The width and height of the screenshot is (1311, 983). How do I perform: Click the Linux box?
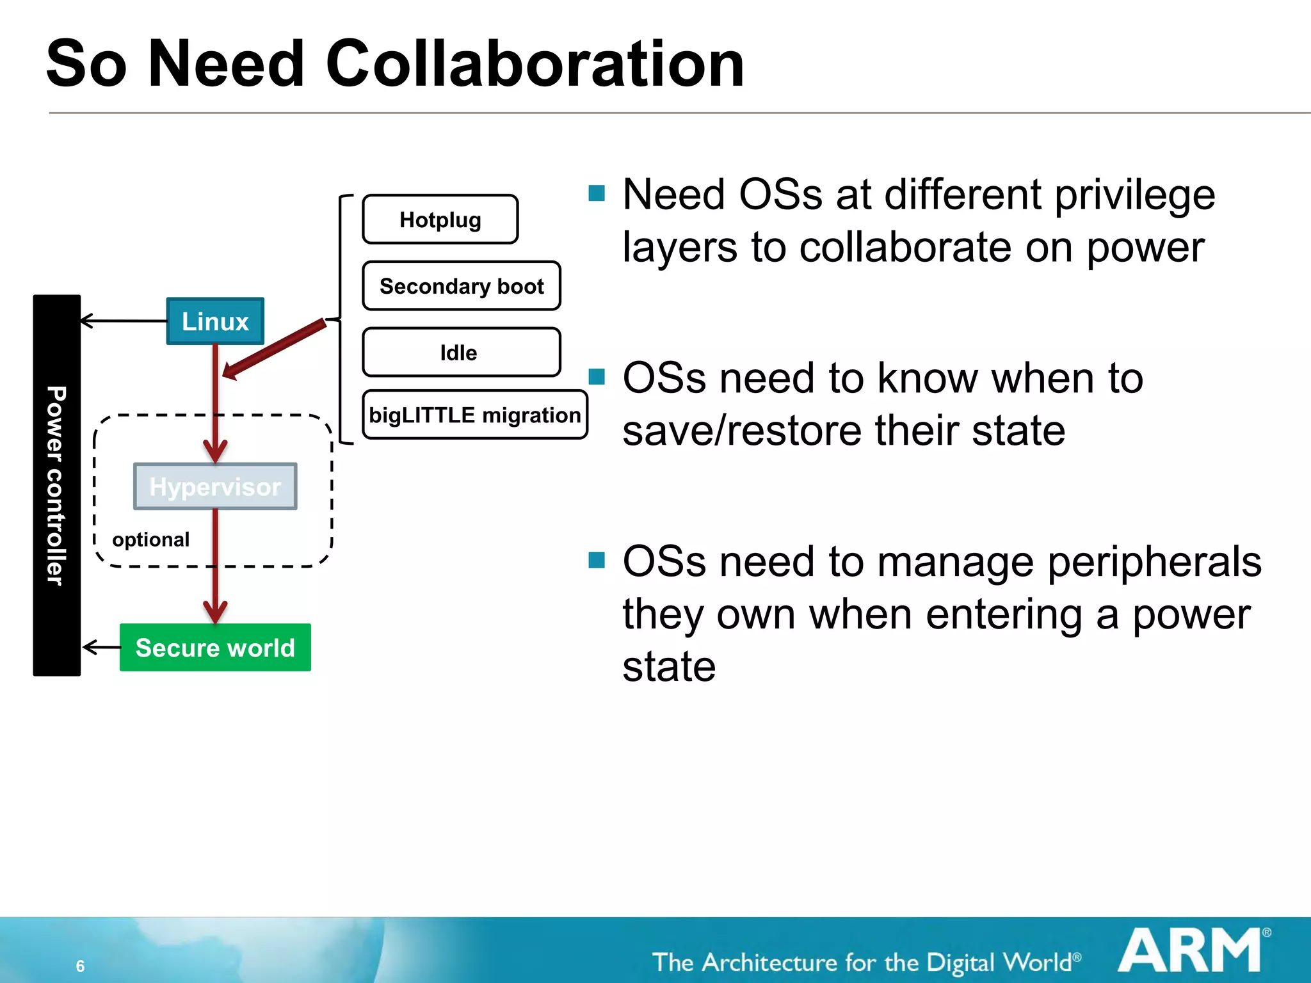pos(215,321)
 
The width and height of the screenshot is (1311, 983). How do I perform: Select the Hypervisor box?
pos(215,486)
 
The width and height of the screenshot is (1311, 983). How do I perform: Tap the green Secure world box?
pos(215,648)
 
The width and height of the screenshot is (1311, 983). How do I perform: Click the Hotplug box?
pos(440,220)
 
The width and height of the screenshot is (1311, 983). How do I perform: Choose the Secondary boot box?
pos(461,286)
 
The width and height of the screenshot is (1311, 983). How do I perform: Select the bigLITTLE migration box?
pos(474,415)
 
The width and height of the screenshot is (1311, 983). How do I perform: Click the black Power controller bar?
pos(57,485)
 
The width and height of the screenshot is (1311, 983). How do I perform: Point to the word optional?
pos(150,539)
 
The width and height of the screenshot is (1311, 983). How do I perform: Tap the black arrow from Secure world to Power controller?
pos(102,647)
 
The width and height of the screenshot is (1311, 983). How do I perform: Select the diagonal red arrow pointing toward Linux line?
pos(275,349)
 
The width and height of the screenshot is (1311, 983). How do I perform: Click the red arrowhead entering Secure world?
pos(215,611)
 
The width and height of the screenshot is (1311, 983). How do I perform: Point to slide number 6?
pos(80,966)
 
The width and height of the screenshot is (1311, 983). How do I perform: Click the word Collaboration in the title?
pos(535,64)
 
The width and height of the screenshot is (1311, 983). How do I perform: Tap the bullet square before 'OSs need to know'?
pos(597,376)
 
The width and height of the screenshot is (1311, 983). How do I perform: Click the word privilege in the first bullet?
pos(1134,195)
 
